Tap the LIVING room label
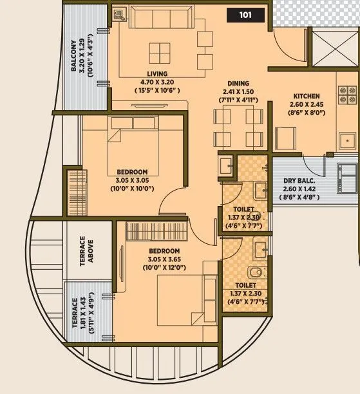156,74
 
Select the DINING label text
238,84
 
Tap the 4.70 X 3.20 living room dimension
156,82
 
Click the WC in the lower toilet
258,271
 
